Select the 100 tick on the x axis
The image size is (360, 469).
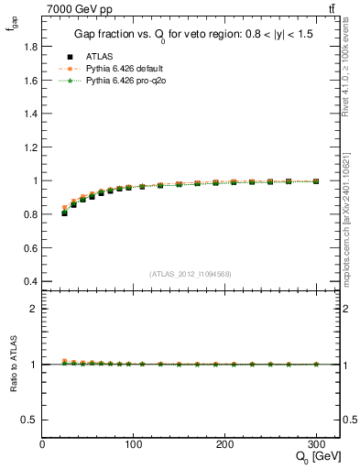(x=134, y=444)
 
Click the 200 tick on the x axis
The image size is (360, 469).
(x=225, y=444)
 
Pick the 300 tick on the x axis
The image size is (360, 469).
(x=316, y=444)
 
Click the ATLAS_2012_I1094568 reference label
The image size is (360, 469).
(x=191, y=273)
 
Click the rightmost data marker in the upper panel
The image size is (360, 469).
(x=316, y=181)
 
